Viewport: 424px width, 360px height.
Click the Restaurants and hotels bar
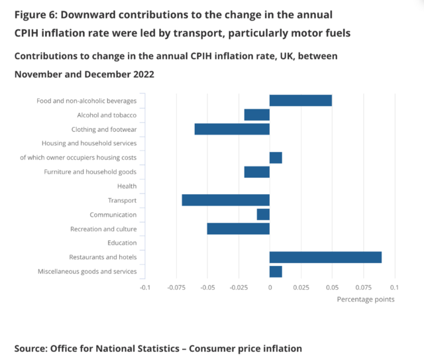(x=325, y=257)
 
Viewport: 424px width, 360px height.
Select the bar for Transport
(x=226, y=200)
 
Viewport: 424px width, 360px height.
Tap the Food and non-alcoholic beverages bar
(x=300, y=101)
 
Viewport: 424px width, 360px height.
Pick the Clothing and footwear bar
(x=232, y=129)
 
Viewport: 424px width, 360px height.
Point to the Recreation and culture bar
(x=238, y=229)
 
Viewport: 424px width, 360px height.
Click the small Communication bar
(x=263, y=214)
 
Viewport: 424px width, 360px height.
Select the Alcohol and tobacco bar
(x=257, y=115)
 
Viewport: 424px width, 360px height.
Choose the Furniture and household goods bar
(x=257, y=172)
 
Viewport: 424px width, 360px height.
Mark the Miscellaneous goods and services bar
(x=276, y=271)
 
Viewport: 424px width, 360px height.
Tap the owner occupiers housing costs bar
(x=276, y=158)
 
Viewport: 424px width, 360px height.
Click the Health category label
(x=127, y=186)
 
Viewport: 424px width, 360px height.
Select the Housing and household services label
(x=89, y=143)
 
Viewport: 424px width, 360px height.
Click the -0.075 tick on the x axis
(x=176, y=287)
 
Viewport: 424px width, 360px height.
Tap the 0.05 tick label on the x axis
(x=332, y=287)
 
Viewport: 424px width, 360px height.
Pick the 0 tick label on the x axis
(x=270, y=287)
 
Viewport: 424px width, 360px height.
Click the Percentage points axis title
(x=365, y=300)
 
